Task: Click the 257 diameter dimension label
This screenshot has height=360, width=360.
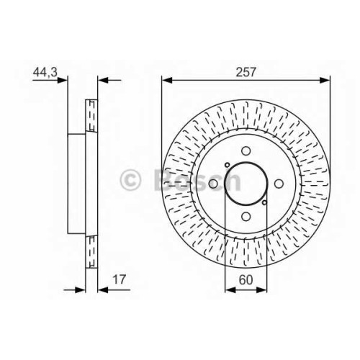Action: click(246, 72)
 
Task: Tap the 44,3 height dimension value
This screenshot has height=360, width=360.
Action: click(45, 72)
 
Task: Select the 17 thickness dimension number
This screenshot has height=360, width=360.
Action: click(119, 279)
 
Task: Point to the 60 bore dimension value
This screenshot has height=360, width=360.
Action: click(246, 279)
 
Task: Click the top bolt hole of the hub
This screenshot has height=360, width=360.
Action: click(246, 151)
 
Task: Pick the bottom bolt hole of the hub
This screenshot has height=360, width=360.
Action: click(246, 217)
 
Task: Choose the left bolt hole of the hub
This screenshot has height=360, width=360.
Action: click(213, 184)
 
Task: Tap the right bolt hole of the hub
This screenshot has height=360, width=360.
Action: click(279, 184)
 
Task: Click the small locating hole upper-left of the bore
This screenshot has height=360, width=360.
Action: click(227, 165)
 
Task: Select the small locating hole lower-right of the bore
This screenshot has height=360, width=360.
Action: click(264, 202)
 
